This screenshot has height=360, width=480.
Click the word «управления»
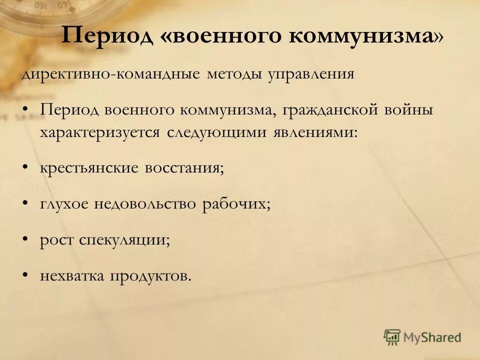click(311, 75)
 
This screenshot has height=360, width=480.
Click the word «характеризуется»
click(100, 133)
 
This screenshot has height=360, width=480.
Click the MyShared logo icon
click(392, 337)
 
